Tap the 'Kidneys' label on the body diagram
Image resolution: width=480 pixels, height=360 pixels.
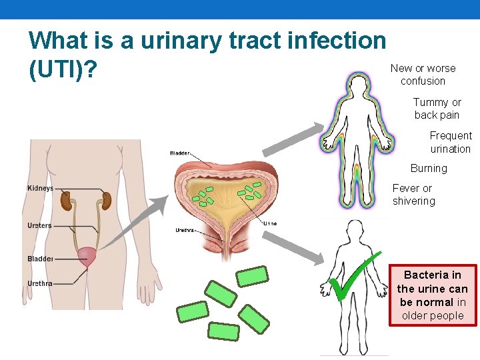tap(40, 189)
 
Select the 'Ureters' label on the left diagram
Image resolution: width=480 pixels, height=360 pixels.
tap(39, 226)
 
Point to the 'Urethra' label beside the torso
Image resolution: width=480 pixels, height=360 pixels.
tap(40, 284)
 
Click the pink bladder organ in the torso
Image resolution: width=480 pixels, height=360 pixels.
tap(88, 256)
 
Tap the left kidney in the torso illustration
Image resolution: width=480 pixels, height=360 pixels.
tap(67, 199)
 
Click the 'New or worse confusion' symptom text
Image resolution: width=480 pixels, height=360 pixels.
tap(423, 75)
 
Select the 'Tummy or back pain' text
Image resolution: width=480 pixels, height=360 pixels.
tap(437, 109)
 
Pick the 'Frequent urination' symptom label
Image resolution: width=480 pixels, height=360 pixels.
tap(450, 142)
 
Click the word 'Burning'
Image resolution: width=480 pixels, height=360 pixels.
tap(429, 169)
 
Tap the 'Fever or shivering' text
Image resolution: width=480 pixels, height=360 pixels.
tap(413, 195)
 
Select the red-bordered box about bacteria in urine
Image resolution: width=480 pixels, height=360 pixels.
tap(433, 295)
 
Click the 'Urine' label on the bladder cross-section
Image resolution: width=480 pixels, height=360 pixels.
tap(270, 223)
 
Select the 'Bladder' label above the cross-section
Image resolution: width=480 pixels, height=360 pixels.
tap(180, 153)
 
